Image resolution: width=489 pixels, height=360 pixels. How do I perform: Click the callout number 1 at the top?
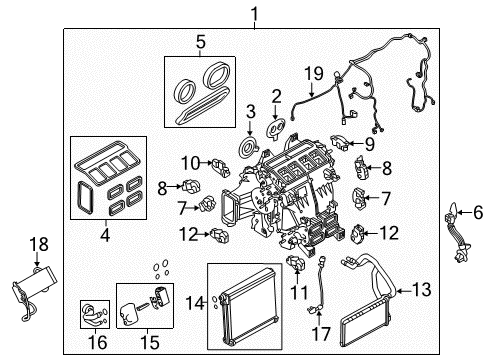tap(254, 13)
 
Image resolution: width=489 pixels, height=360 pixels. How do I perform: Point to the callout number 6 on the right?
tap(477, 212)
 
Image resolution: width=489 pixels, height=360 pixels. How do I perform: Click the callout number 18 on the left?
tap(38, 244)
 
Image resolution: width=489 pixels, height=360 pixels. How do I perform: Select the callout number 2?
tap(275, 96)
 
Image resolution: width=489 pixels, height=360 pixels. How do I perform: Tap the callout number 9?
tap(341, 143)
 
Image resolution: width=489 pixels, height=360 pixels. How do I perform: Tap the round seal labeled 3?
tap(241, 151)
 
